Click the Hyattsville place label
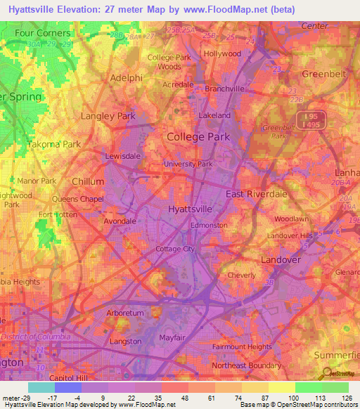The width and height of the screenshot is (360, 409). point(191,209)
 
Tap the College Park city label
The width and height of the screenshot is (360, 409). point(198,137)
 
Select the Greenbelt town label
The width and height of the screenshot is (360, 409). point(325,73)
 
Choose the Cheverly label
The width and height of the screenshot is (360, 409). point(242,275)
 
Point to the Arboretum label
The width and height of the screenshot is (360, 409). point(105,313)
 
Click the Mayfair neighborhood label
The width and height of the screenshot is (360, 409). point(171,337)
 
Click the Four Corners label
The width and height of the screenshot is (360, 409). point(43,33)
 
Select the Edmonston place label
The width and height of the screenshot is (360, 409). point(210,225)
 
